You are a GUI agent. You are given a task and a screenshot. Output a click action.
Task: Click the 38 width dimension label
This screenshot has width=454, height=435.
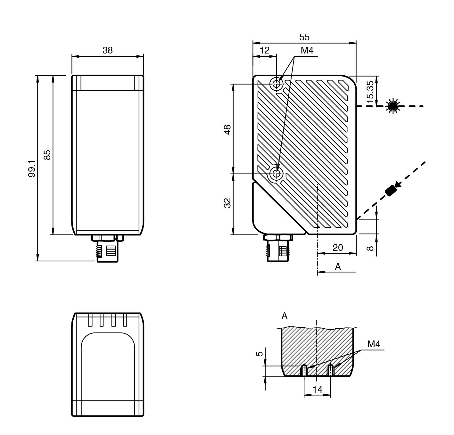tap(108, 50)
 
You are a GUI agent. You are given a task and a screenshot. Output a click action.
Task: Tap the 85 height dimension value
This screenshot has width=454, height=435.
tap(47, 155)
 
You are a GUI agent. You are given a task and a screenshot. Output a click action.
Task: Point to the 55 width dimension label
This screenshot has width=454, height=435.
tap(304, 37)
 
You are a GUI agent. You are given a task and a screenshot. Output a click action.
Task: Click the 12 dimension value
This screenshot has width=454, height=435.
tap(264, 50)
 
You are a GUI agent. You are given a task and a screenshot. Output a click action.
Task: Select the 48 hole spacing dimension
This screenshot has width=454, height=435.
tap(227, 129)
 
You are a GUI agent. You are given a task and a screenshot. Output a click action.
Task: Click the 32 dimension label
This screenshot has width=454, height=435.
tap(227, 203)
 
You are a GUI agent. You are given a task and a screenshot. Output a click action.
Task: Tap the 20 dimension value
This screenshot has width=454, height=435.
tap(338, 247)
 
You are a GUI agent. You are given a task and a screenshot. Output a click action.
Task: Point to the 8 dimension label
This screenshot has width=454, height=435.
tap(370, 248)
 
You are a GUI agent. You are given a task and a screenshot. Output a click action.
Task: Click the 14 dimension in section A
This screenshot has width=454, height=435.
tap(317, 390)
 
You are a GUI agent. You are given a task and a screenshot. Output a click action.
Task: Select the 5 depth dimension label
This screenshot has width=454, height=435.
tap(260, 354)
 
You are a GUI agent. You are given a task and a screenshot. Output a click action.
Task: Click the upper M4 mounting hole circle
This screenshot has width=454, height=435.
tap(277, 84)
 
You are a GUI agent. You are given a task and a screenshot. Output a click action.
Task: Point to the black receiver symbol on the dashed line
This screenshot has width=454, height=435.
tap(391, 191)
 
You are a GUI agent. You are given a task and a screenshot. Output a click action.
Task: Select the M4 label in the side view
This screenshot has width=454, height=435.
tap(307, 50)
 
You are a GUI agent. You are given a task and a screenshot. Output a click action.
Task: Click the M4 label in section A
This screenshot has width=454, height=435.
tap(373, 344)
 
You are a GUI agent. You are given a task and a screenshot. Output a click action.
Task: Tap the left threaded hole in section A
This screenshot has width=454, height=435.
tap(304, 371)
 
